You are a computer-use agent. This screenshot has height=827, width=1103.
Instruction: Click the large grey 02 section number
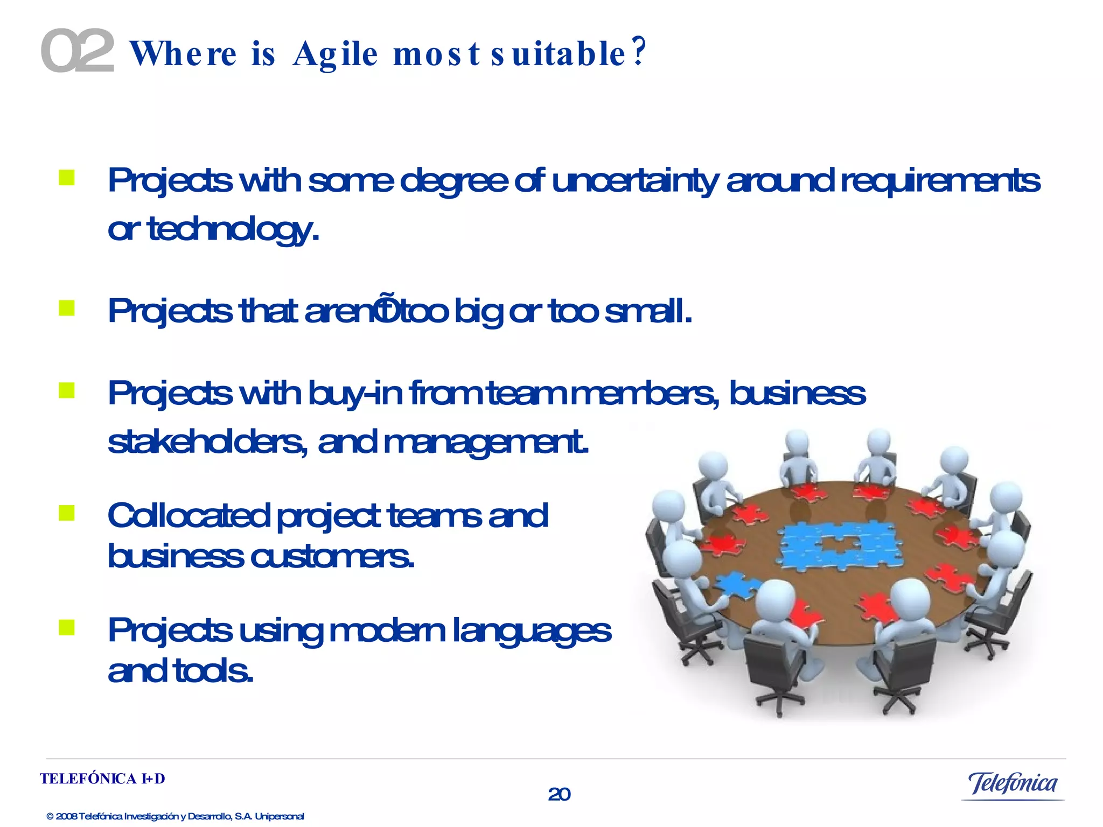78,51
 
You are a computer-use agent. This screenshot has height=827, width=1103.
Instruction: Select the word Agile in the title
335,54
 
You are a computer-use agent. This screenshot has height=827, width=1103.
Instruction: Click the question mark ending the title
639,52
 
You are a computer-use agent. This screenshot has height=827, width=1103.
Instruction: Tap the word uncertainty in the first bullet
636,181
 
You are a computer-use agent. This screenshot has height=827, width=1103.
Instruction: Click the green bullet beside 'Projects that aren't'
67,309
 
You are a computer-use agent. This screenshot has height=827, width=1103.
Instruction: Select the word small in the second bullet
648,311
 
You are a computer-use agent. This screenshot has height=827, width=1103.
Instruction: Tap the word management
486,443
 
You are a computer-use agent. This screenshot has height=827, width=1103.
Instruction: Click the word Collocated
189,516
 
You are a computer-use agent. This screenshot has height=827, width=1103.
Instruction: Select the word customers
332,556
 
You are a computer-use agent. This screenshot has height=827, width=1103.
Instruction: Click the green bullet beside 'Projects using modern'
67,627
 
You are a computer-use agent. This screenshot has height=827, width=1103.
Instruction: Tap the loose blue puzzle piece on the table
737,585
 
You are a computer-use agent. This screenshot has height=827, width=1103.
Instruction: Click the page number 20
559,794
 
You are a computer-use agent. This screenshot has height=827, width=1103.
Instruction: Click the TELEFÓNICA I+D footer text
102,779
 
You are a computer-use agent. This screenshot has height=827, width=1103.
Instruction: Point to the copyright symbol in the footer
50,817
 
